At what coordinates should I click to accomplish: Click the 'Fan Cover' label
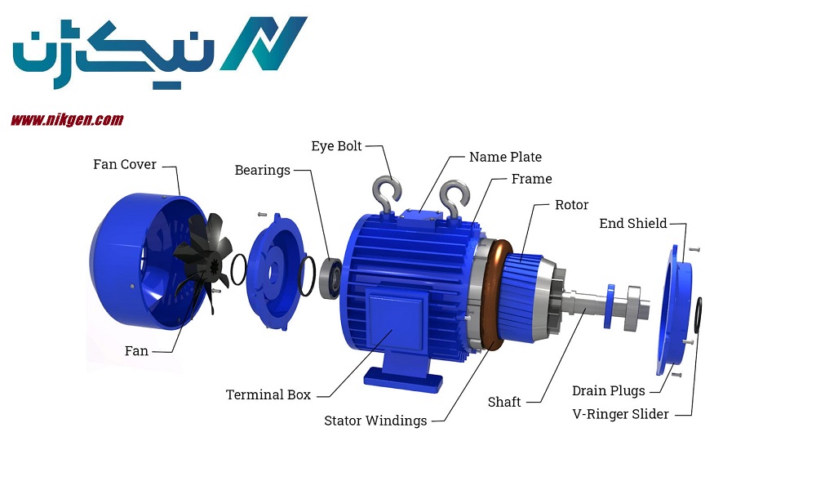point(124,164)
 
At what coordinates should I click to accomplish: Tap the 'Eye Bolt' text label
point(336,146)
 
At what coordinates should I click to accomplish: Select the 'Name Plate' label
point(505,158)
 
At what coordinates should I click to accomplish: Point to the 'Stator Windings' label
point(375,421)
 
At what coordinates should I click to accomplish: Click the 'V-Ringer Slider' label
point(620,415)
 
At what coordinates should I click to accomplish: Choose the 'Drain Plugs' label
point(609,391)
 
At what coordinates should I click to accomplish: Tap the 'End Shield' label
point(633,224)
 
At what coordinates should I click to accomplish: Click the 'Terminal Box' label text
point(268,394)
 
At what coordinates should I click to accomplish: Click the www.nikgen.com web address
point(67,120)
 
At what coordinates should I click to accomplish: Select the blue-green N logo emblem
point(264,43)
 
